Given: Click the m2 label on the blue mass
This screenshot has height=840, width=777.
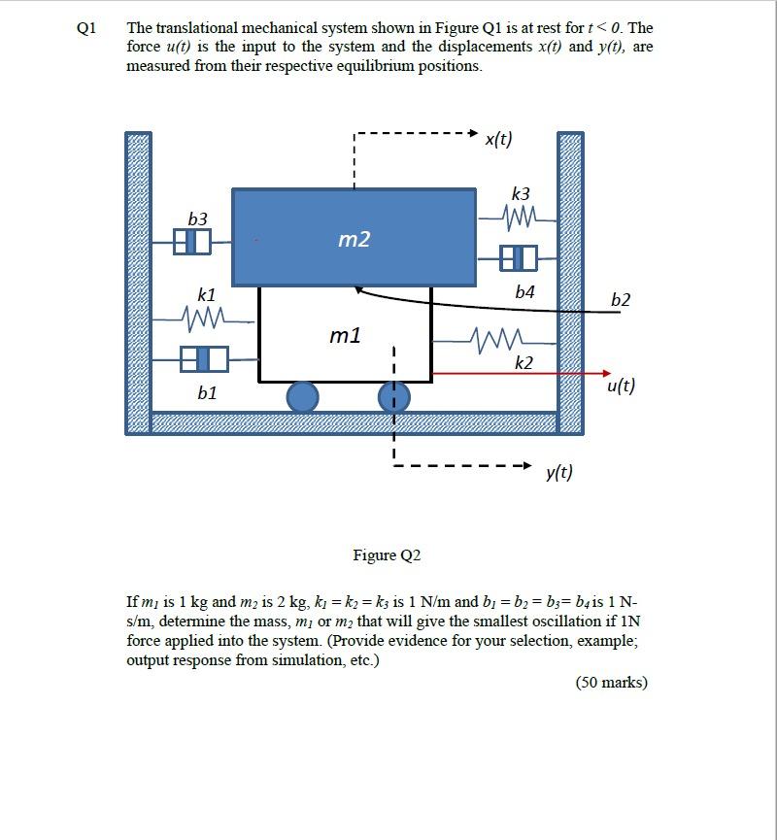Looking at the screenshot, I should pyautogui.click(x=354, y=239).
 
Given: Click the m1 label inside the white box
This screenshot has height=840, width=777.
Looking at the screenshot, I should pyautogui.click(x=345, y=335).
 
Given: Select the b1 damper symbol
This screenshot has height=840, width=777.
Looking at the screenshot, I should pyautogui.click(x=204, y=359).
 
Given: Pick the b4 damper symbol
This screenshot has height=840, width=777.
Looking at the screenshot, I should pyautogui.click(x=518, y=258).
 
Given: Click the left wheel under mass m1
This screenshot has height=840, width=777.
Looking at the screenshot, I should pyautogui.click(x=302, y=396).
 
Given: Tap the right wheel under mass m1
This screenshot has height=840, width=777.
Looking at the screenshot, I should pyautogui.click(x=393, y=396).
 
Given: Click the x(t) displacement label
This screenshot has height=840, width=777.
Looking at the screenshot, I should pyautogui.click(x=498, y=139).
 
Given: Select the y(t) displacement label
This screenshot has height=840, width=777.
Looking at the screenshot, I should pyautogui.click(x=559, y=472).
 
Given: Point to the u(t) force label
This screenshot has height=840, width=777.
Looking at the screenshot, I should pyautogui.click(x=621, y=386).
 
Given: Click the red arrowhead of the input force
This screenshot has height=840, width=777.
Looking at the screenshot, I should pyautogui.click(x=606, y=373).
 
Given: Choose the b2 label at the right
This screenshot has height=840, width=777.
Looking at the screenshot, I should pyautogui.click(x=621, y=299).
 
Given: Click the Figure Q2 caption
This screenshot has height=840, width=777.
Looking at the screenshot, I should pyautogui.click(x=387, y=555).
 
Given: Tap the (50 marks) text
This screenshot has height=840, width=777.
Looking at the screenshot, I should pyautogui.click(x=611, y=682).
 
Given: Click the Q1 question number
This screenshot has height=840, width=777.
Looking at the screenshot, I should pyautogui.click(x=86, y=27).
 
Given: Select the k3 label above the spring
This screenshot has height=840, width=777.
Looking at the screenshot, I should pyautogui.click(x=521, y=193).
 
